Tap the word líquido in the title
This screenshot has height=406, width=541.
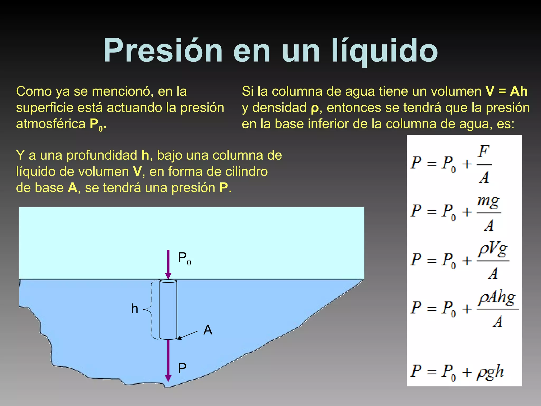(385, 51)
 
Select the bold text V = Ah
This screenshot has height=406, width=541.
(506, 91)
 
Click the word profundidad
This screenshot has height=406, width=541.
(102, 155)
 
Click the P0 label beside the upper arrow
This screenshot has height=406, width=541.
(184, 258)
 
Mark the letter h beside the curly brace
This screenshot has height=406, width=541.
(134, 309)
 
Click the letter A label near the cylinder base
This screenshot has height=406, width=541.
(208, 330)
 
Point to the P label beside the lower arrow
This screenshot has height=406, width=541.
(182, 368)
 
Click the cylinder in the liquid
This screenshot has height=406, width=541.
(168, 309)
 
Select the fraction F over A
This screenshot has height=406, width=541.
(484, 164)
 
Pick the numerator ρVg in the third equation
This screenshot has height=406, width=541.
(493, 250)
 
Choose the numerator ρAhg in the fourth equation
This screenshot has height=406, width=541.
(497, 299)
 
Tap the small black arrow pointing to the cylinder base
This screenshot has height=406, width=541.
(187, 335)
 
